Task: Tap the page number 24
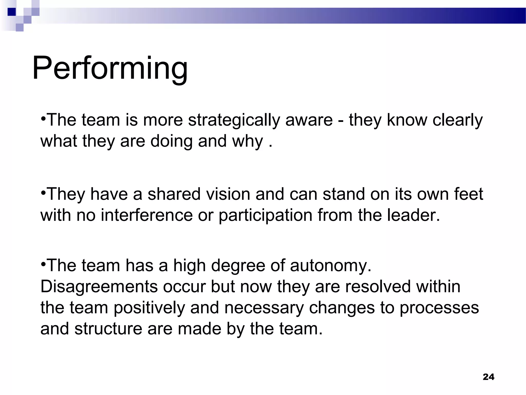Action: [489, 377]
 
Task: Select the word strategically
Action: [234, 120]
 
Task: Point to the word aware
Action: [309, 120]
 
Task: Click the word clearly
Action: [457, 120]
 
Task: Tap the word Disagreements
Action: [99, 287]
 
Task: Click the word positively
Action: [149, 308]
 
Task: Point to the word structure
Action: [108, 329]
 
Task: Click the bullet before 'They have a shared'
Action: [43, 192]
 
